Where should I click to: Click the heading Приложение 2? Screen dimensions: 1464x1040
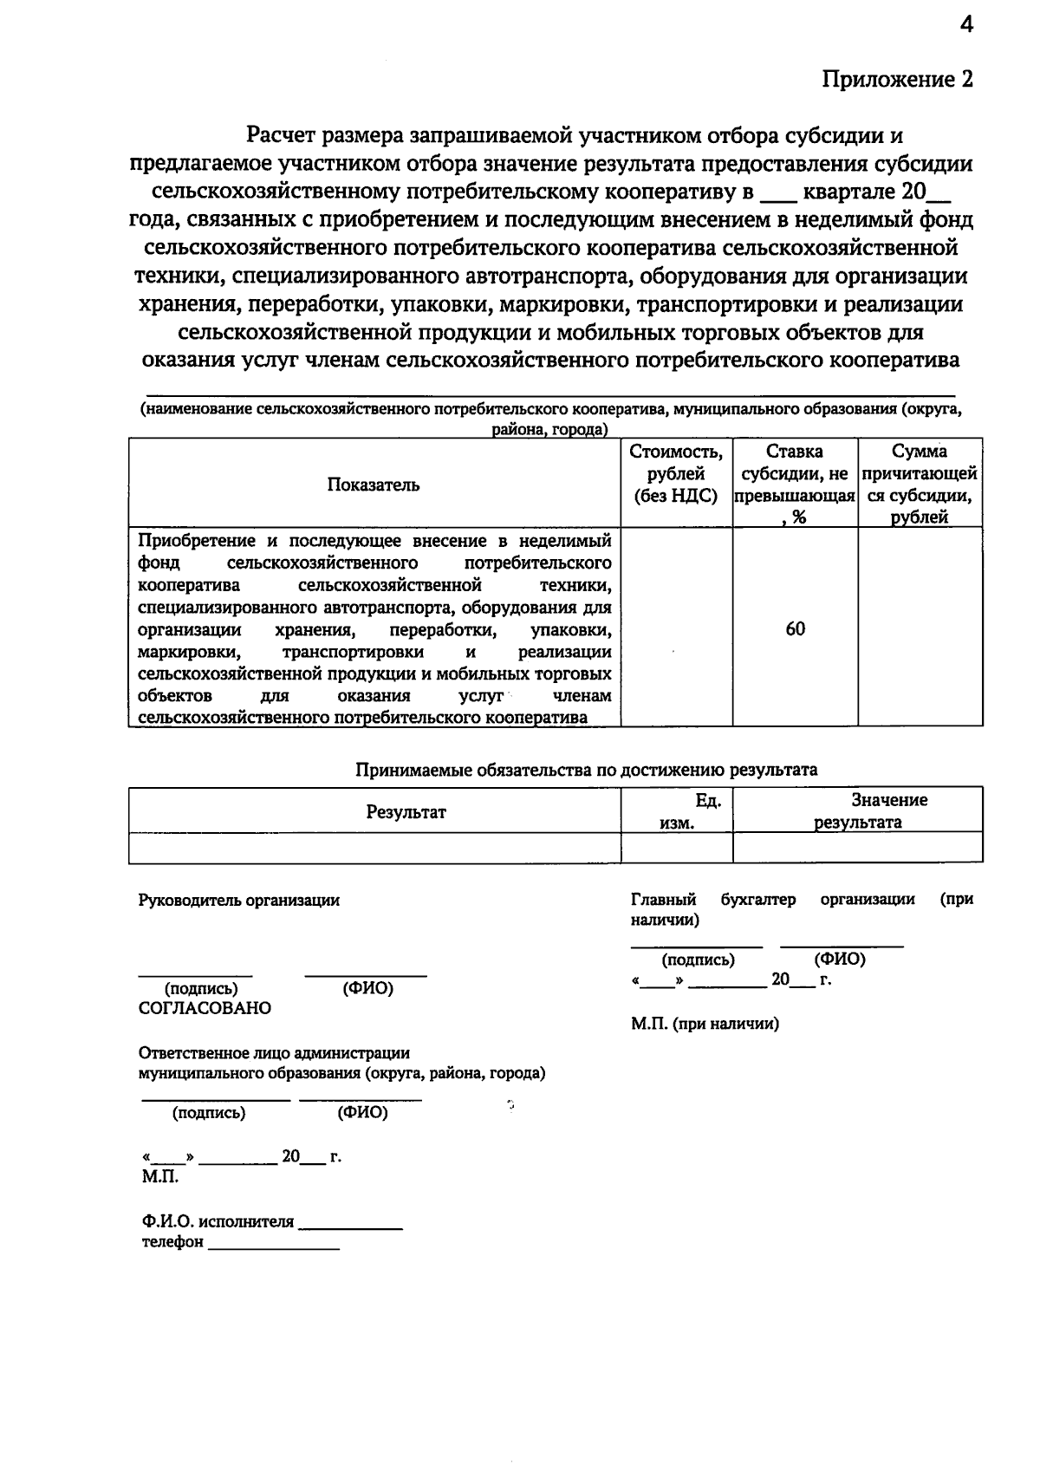click(x=897, y=80)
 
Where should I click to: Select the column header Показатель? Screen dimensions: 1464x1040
click(x=374, y=485)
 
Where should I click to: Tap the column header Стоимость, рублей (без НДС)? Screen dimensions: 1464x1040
click(x=676, y=473)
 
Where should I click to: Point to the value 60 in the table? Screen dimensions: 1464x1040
click(x=795, y=628)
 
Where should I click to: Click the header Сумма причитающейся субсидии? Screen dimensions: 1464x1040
click(x=920, y=484)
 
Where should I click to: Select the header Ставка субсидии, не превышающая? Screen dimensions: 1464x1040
click(x=795, y=484)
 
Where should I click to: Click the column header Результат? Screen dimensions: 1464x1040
click(x=406, y=812)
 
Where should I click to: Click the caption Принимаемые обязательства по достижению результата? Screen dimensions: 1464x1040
click(x=587, y=770)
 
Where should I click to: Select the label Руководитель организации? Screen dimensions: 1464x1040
click(x=239, y=900)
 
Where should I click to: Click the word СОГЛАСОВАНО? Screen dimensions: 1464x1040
click(x=205, y=1008)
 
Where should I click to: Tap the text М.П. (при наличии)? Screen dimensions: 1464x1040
click(x=705, y=1024)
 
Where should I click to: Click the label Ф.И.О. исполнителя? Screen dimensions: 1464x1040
click(x=218, y=1222)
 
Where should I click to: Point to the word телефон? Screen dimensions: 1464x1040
click(x=172, y=1242)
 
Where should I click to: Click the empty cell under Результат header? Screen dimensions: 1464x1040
click(x=374, y=847)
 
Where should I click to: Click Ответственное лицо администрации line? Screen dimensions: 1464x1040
click(x=274, y=1053)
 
